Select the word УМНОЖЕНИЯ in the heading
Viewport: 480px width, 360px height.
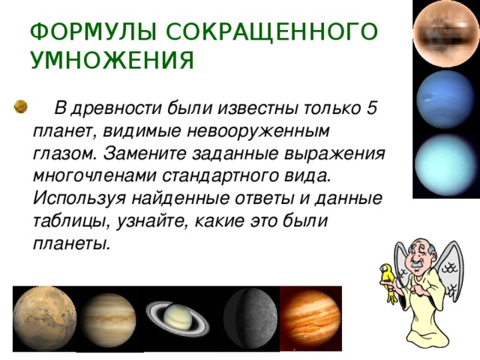112,60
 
